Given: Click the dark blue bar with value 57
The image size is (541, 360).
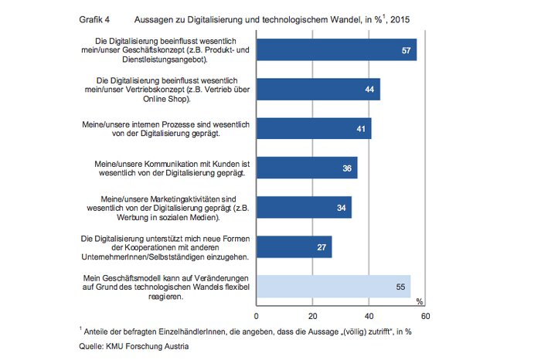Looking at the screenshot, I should (x=336, y=49).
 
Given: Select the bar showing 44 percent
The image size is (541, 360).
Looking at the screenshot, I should (x=318, y=90).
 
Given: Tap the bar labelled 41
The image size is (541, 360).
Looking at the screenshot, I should (x=313, y=128).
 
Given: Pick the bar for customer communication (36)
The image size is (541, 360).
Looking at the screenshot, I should (x=306, y=168).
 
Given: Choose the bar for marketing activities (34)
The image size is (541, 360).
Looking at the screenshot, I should (x=303, y=207).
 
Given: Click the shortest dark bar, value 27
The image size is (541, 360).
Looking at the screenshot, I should (x=294, y=246).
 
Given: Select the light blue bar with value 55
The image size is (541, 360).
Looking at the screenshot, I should (x=333, y=286).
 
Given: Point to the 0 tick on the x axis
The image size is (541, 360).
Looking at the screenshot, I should (x=256, y=316).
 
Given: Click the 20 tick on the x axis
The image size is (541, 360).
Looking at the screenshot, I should (x=312, y=316).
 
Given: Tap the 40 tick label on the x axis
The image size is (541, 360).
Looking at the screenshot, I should (x=369, y=316).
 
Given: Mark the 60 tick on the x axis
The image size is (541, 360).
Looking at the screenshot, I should (x=425, y=316).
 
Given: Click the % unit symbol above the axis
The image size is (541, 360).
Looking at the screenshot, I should (x=420, y=301).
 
